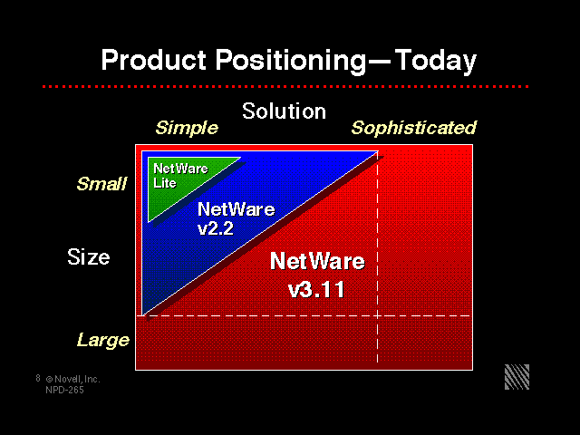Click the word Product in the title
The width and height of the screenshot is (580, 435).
[x=153, y=60]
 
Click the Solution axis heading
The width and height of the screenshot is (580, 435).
[x=284, y=111]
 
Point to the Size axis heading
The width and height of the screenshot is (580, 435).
[x=89, y=256]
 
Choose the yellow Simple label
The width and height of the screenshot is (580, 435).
[x=187, y=129]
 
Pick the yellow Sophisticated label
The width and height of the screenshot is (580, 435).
[x=413, y=129]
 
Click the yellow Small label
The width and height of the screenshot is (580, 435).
[x=101, y=183]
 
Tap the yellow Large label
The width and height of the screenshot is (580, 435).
[x=103, y=341]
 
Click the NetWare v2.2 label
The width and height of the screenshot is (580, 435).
[x=236, y=218]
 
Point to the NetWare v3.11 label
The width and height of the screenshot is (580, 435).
[x=317, y=275]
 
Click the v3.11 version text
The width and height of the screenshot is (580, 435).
[x=316, y=290]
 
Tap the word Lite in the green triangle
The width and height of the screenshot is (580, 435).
[x=165, y=183]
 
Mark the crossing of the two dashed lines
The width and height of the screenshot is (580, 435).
[x=377, y=316]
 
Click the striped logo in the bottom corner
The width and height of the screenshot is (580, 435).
[x=517, y=377]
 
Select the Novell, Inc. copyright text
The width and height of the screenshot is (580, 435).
[x=72, y=379]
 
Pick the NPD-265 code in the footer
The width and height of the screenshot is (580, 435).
[x=64, y=390]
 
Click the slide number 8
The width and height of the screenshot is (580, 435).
[x=38, y=378]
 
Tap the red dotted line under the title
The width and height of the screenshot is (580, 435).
[x=285, y=87]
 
